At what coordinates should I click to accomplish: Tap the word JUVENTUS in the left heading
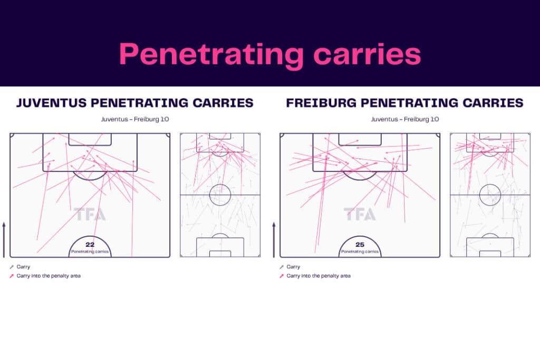pos(51,103)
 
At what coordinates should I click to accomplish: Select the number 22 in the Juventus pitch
pos(90,245)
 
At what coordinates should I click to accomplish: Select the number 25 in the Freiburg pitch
pos(360,245)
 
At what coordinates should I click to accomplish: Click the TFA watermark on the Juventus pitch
pos(90,214)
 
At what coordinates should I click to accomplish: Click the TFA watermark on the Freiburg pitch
pos(360,214)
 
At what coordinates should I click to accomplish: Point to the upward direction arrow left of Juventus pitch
pos(4,240)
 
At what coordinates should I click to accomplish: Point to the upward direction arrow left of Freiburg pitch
pos(274,240)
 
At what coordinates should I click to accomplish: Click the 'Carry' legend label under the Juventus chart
pos(23,267)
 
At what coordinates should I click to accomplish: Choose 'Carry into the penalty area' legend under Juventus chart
pos(49,276)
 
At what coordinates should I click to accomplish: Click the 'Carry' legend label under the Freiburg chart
pos(293,267)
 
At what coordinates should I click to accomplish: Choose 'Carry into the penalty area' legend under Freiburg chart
pos(319,276)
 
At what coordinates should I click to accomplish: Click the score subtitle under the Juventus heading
pos(135,120)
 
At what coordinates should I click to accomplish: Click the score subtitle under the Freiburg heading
pos(405,120)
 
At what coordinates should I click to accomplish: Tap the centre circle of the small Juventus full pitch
pos(220,184)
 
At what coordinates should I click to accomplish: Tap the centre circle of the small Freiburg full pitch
pos(490,184)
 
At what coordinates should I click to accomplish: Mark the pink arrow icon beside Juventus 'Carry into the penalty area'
pos(12,276)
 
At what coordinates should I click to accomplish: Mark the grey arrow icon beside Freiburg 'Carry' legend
pos(282,267)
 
